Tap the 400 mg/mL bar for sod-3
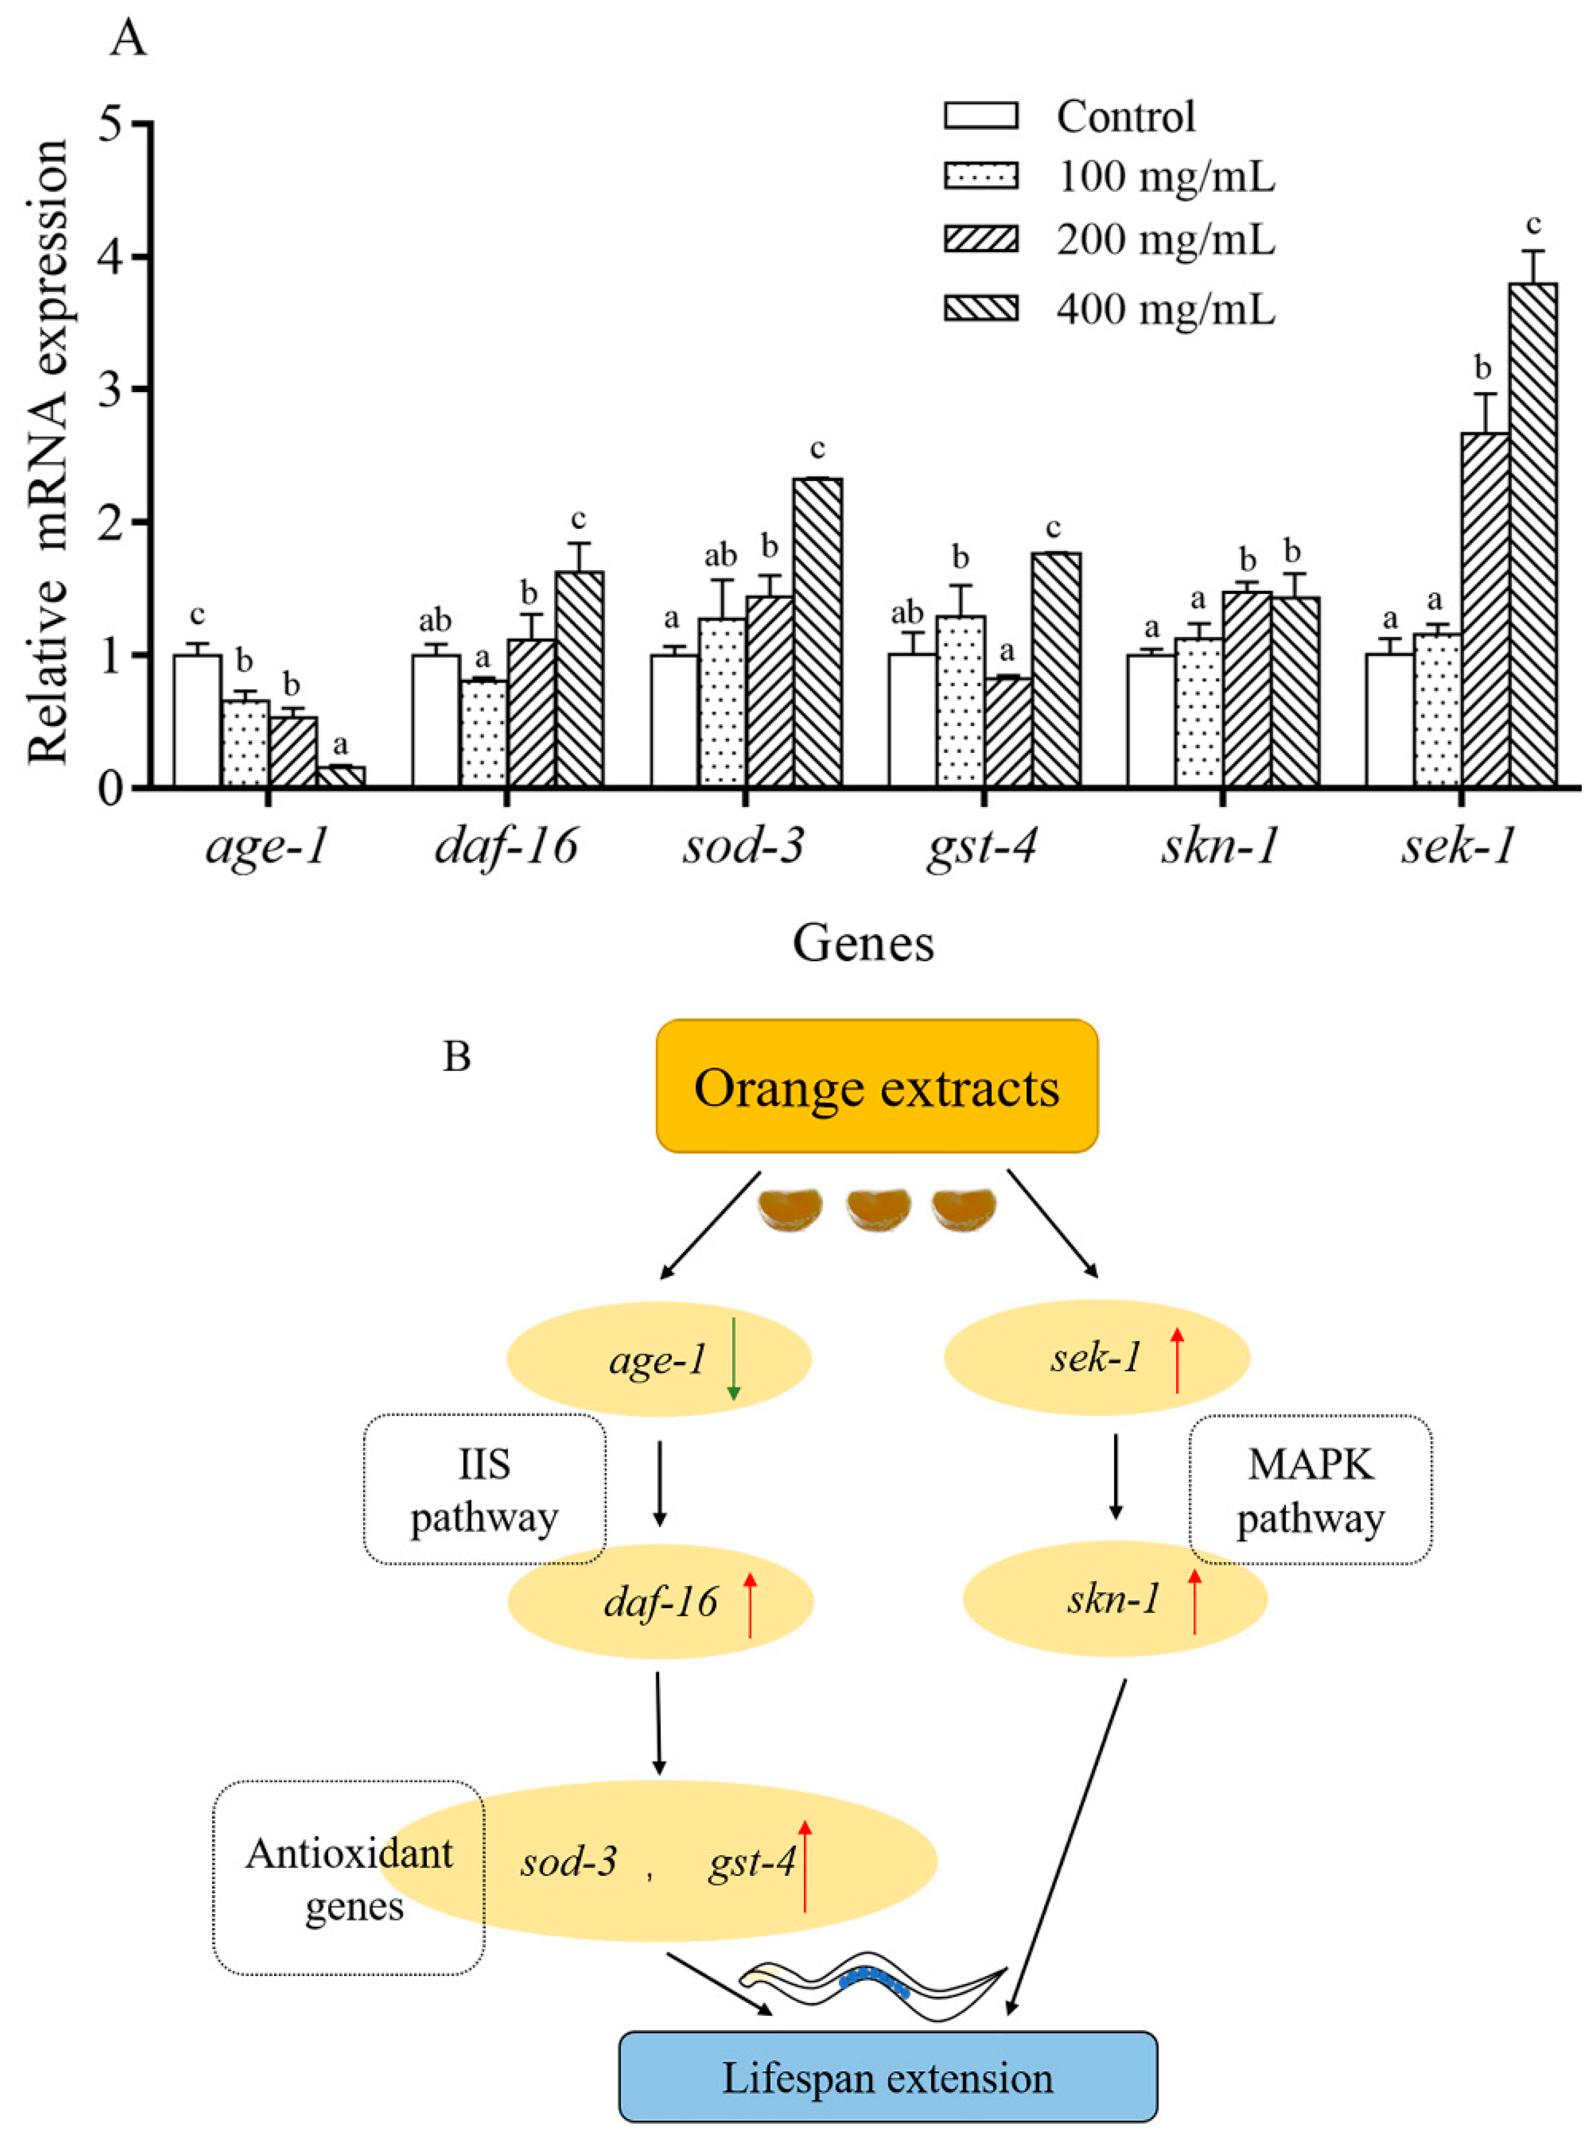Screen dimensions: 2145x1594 (817, 632)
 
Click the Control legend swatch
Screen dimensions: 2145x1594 (980, 116)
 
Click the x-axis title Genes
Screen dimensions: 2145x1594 (864, 944)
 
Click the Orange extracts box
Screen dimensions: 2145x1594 (876, 1086)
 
